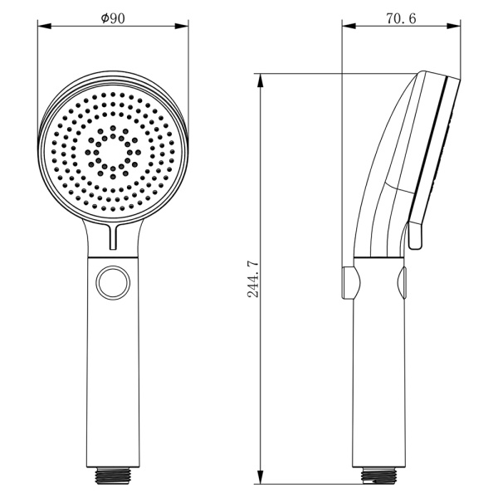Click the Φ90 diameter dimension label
113,18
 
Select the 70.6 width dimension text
401,19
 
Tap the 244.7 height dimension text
253,279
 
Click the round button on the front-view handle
113,283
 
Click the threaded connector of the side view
378,475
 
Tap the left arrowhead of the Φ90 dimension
45,26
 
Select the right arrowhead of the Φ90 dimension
182,26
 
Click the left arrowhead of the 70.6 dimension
349,26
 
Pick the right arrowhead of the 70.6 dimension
453,26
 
